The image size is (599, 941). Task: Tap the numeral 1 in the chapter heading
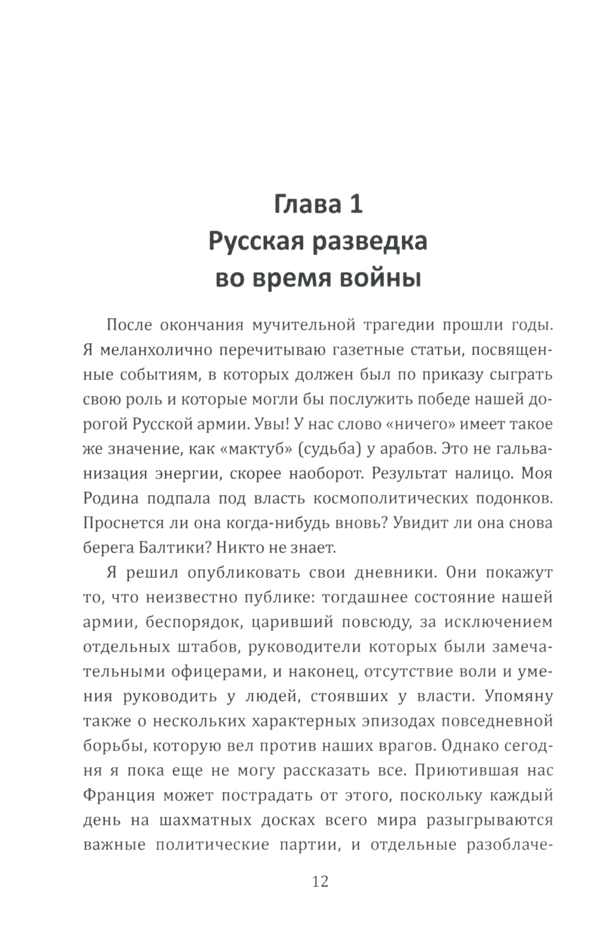tap(355, 204)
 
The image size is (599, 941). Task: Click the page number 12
tap(320, 881)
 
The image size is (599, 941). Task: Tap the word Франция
tap(119, 795)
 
